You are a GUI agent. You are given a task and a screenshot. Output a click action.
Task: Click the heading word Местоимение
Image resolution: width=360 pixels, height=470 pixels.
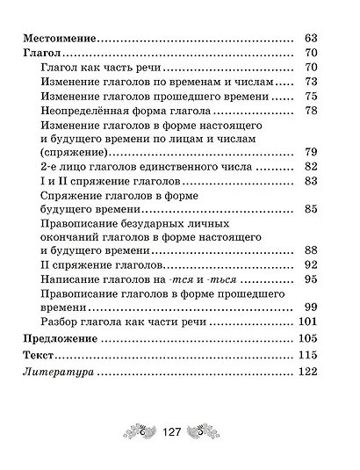[58, 39]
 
